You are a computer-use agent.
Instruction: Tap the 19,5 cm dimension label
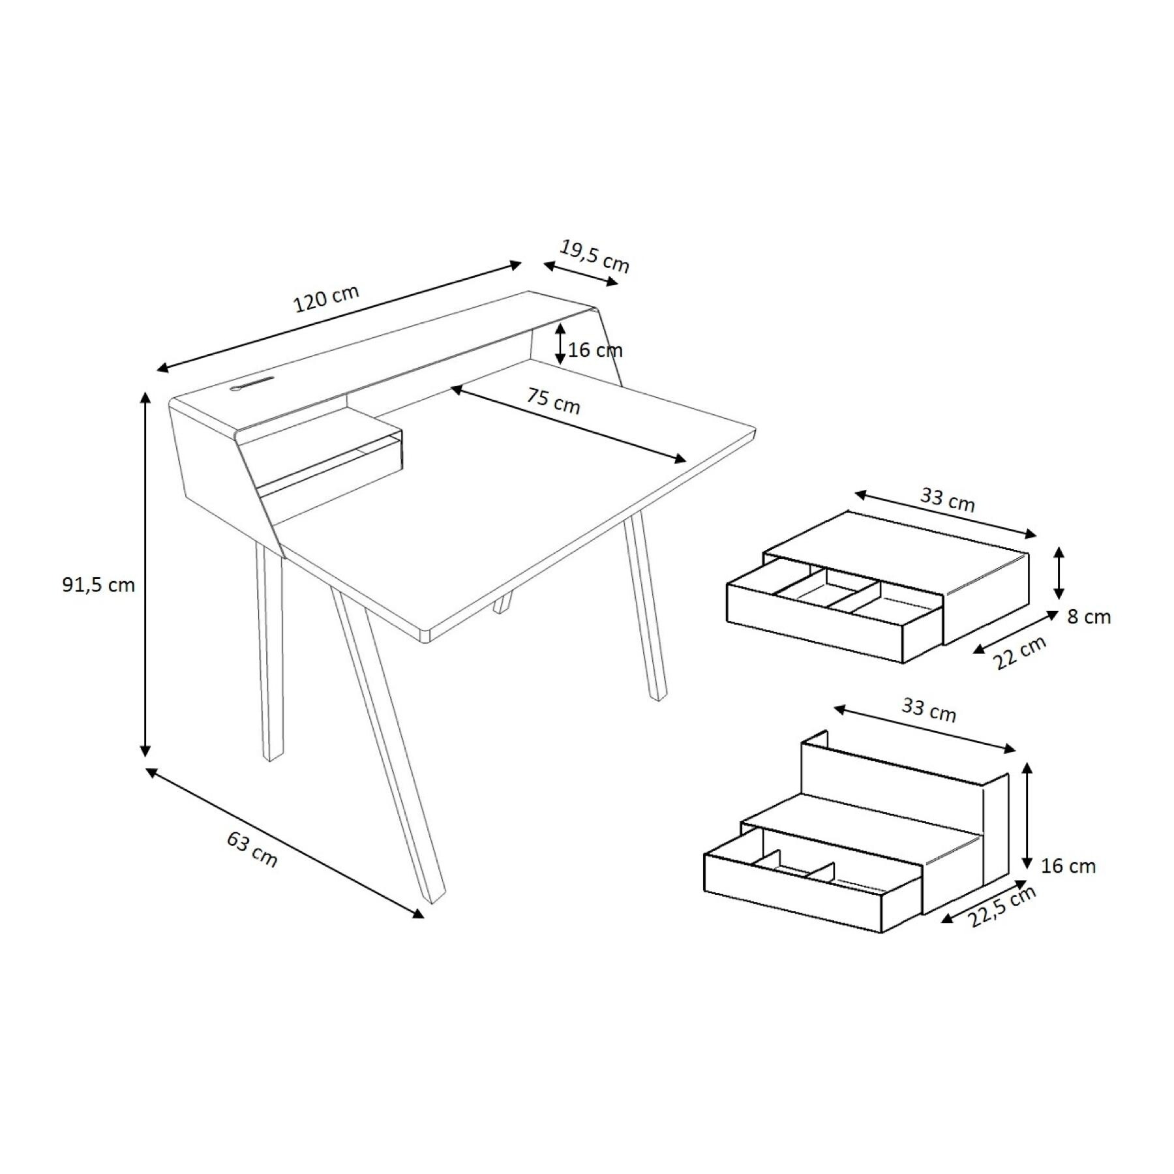click(594, 256)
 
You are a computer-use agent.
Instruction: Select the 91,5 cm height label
click(98, 585)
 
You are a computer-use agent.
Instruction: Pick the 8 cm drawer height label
click(1089, 616)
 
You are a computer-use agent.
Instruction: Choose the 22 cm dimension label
click(1020, 652)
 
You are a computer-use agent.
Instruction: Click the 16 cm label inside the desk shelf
click(595, 350)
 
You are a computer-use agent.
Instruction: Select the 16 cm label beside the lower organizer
click(1068, 866)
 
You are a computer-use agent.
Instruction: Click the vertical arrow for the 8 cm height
click(1059, 573)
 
